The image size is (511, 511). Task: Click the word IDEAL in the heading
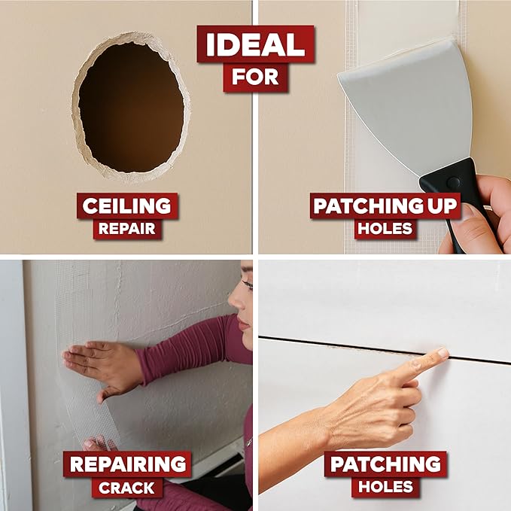click(256, 44)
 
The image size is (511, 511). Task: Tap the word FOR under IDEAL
click(255, 77)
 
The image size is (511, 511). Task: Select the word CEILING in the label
click(126, 206)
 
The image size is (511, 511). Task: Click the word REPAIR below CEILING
click(126, 229)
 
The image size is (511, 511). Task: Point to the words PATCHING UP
click(385, 206)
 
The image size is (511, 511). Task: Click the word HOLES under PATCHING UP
click(385, 229)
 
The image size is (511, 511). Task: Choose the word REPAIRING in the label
click(128, 464)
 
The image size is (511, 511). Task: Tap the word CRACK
click(126, 488)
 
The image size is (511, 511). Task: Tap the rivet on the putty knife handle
click(453, 182)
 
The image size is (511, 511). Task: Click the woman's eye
click(248, 284)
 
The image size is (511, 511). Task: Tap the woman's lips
click(243, 323)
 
